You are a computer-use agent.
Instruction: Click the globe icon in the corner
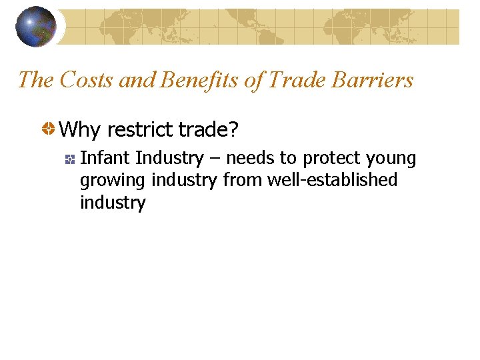coord(36,26)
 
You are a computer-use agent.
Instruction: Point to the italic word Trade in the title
coord(294,80)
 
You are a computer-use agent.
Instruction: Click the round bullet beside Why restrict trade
coord(49,129)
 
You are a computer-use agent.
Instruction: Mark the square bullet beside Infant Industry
coord(69,159)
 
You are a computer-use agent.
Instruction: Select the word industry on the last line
coord(113,203)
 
